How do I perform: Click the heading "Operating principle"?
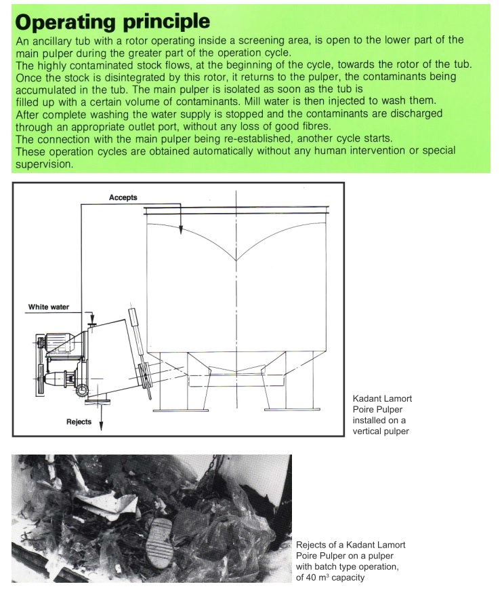112,22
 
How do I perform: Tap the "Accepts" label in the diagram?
123,197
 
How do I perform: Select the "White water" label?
48,307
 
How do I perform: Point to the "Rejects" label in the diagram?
79,422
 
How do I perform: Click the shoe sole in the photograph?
167,543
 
